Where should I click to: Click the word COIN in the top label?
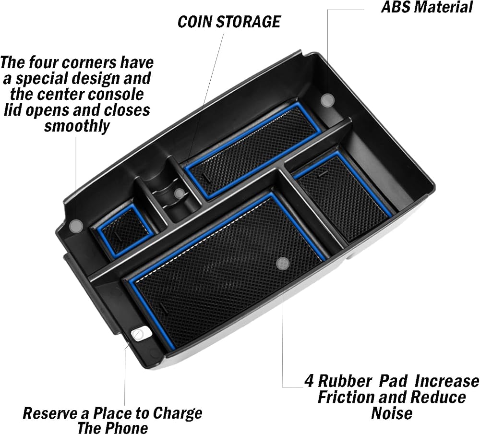(x=194, y=22)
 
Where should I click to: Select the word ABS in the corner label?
(x=394, y=7)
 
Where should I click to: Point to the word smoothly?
(x=77, y=126)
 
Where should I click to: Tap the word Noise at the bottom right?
(x=392, y=413)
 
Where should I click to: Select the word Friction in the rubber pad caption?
(x=346, y=397)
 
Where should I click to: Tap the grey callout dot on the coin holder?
(x=180, y=193)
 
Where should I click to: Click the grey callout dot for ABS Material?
(x=327, y=100)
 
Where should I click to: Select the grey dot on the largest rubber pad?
(x=282, y=263)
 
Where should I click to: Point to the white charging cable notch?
(x=139, y=335)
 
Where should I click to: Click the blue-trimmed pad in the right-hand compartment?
(x=343, y=195)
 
